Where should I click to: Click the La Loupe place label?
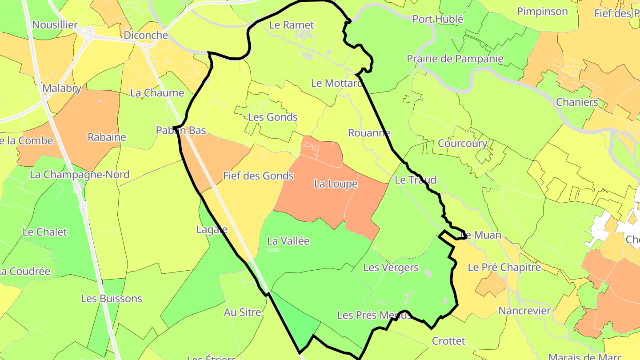coord(336,184)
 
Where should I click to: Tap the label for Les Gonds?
coord(272,117)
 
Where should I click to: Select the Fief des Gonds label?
coord(258,176)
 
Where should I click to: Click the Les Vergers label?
coord(391,268)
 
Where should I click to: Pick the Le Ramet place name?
coord(292,25)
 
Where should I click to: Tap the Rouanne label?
coord(369,132)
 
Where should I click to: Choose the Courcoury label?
coord(462,144)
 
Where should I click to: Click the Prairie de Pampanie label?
coord(455,59)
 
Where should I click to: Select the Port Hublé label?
coord(438,19)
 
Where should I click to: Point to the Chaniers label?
coord(577,102)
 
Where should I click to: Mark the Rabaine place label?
coord(107,137)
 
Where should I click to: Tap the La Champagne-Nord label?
coord(80,174)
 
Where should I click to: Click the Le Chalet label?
coord(45,232)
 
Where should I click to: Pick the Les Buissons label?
coord(112,298)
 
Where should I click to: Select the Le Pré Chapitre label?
coord(504,268)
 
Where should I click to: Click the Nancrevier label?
coord(524,311)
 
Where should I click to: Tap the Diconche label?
coord(146,35)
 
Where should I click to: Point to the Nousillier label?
coord(55,25)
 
